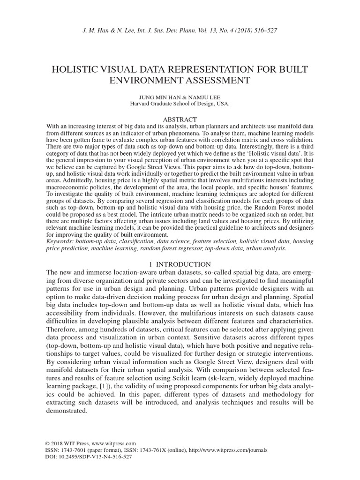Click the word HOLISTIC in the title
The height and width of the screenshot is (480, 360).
tap(79, 69)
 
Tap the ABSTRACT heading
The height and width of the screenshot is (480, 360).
tap(180, 120)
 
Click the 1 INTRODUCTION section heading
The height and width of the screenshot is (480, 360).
tap(180, 264)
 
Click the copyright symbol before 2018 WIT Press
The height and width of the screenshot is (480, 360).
tap(48, 443)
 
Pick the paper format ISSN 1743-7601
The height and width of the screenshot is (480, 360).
tap(71, 450)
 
